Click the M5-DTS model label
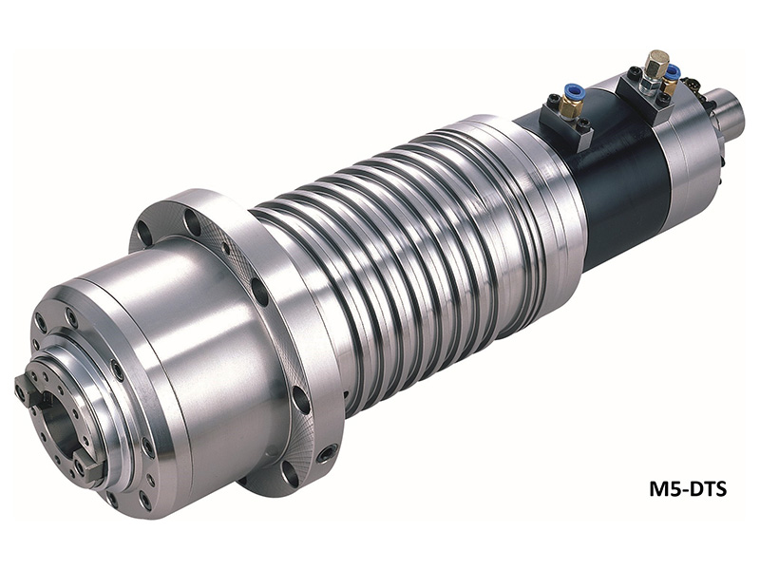coord(688,489)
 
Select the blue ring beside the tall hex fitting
coord(673,74)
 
